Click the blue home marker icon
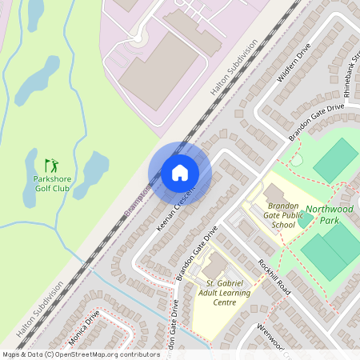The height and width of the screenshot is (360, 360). [x=180, y=172]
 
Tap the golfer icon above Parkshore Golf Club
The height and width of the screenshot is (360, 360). [x=51, y=166]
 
